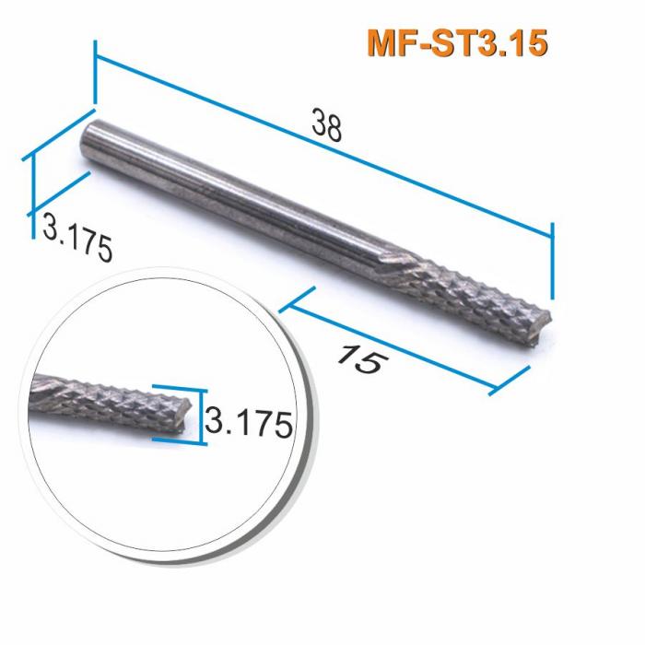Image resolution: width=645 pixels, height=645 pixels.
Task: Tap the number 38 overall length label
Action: [x=326, y=127]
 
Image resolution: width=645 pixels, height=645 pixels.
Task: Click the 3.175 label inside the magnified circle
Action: [x=248, y=424]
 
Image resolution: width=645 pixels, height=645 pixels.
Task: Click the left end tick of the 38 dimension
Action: [x=94, y=74]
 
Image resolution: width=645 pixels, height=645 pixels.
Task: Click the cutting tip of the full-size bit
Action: [x=544, y=320]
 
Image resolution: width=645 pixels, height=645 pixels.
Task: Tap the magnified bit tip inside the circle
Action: [x=189, y=414]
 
